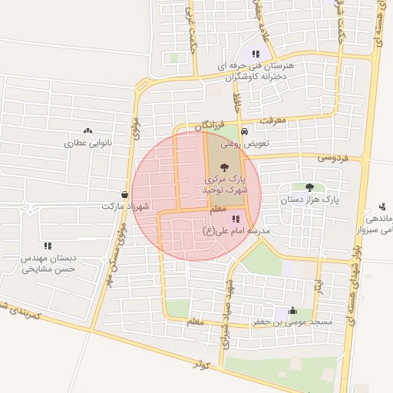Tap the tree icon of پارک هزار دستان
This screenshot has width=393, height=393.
click(x=309, y=187)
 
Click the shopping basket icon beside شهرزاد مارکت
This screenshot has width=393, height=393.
click(x=124, y=195)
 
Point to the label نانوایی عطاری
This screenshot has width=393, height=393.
click(x=88, y=143)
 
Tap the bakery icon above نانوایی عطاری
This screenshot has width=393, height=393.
click(x=88, y=131)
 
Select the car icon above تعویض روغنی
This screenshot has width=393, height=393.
click(x=245, y=131)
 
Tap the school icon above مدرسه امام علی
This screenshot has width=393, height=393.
click(x=224, y=219)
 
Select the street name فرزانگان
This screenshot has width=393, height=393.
click(x=209, y=124)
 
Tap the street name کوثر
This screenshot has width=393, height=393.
click(x=202, y=365)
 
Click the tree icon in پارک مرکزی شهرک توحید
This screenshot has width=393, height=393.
click(x=224, y=167)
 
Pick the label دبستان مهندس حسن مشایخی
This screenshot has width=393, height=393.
click(x=48, y=263)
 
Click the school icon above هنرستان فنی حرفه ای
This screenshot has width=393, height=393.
click(x=256, y=54)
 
